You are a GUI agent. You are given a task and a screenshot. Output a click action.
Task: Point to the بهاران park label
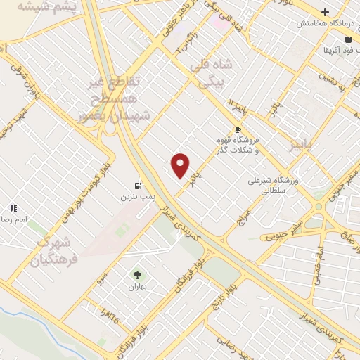pos(137,287)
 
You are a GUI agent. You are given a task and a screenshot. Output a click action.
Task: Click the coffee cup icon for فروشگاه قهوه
pos(238,129)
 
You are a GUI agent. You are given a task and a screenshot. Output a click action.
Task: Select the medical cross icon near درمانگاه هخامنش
pos(325,12)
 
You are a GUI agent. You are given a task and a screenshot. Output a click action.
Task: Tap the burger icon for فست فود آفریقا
pos(349,39)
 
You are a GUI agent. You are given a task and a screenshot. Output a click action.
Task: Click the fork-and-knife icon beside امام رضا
pos(13,208)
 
